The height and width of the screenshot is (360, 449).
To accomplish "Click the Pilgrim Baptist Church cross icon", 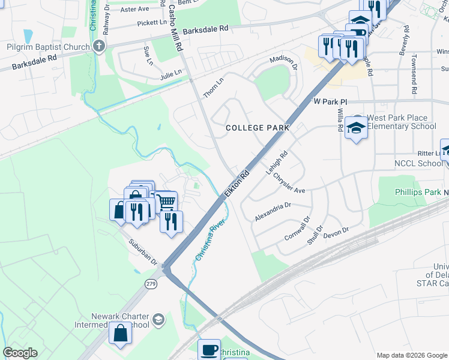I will coord(99,47).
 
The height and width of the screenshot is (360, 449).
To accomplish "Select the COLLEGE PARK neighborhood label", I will coord(258,128).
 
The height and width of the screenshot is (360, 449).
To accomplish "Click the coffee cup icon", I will coord(209,349).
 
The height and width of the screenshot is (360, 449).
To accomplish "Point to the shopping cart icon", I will coord(166,200).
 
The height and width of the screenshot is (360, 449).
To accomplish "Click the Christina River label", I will coord(210,235).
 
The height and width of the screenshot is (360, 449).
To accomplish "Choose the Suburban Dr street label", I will coord(143,253).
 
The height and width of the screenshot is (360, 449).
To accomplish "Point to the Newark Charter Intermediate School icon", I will coord(158,318).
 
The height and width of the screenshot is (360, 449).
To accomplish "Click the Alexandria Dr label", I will coord(273,212).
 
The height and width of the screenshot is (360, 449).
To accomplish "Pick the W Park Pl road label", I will coord(331,102).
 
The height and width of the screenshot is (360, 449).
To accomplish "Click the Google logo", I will coord(20,353).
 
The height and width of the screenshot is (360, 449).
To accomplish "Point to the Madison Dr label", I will coord(283,62).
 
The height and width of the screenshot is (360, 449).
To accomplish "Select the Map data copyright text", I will coord(411,355).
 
